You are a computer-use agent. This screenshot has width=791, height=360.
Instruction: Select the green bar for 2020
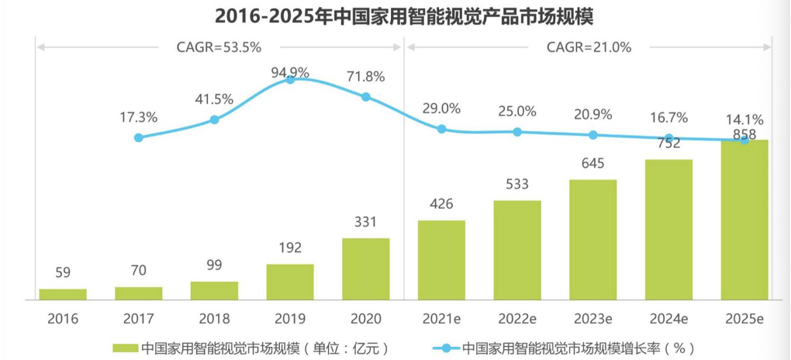coord(365,268)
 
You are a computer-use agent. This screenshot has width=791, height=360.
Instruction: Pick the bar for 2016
coord(63,293)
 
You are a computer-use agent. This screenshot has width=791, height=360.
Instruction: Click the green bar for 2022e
coord(517,249)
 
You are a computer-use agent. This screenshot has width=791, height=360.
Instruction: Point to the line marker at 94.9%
coord(290,79)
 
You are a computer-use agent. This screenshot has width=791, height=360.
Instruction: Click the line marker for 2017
coord(139,137)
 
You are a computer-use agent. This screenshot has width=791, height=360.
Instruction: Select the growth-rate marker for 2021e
coord(441,129)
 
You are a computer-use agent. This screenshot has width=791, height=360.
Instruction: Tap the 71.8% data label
coord(366,77)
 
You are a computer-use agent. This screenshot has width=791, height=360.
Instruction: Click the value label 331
coord(365,223)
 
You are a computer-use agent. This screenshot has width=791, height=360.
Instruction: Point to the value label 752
coord(668,144)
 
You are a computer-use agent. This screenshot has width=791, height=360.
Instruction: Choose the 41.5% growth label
coord(214,99)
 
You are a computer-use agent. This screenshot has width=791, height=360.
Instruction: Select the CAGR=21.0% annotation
coord(589,47)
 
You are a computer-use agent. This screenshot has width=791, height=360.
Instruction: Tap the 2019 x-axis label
coord(290,319)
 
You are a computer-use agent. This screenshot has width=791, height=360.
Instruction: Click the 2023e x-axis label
coord(593,319)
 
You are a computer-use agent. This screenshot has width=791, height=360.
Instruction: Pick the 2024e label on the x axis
coord(668,319)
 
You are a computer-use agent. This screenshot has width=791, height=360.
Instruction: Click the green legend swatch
coord(124,347)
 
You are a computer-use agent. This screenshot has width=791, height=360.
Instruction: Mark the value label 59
coord(63,274)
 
